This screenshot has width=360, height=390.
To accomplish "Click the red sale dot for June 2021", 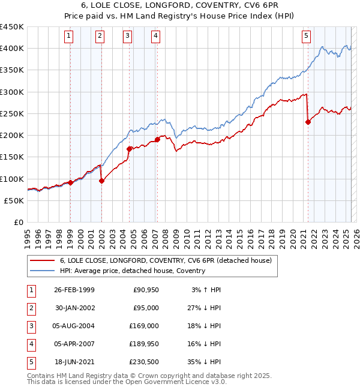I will (308, 122).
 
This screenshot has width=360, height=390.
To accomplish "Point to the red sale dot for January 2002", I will (101, 181).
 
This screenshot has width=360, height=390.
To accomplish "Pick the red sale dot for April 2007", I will (157, 139).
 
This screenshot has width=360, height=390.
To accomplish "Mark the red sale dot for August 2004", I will (129, 148).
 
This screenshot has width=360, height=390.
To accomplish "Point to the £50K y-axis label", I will (14, 201).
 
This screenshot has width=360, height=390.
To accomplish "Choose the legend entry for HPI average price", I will (132, 271).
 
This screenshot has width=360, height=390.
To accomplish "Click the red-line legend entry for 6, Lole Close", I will (166, 260).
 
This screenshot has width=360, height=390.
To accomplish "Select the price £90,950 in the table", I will (145, 290).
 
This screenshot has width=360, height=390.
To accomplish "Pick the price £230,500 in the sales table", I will (143, 362).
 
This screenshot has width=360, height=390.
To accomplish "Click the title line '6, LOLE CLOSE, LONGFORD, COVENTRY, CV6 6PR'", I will (180, 6).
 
